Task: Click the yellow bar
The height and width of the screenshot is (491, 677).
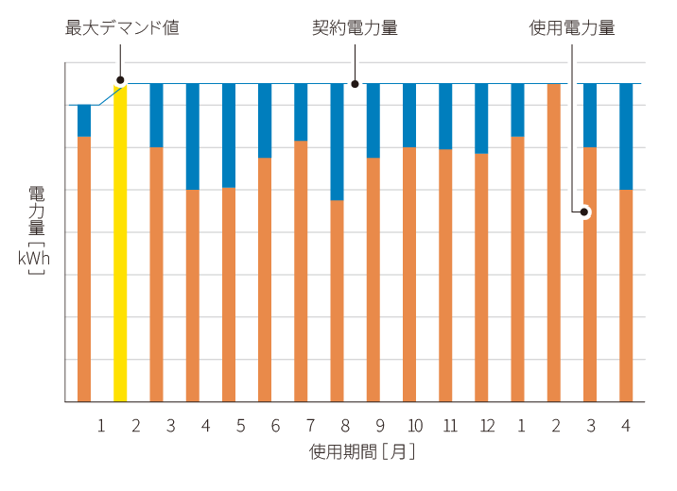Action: (x=120, y=244)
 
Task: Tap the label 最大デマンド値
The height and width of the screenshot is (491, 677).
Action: (x=122, y=28)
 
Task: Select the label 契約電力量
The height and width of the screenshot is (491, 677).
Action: (x=355, y=28)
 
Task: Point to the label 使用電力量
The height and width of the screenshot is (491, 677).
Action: (x=571, y=28)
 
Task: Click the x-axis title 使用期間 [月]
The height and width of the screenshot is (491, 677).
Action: (x=362, y=452)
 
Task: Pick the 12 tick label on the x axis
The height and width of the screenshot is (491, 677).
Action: (x=487, y=427)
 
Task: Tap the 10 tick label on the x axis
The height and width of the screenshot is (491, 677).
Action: (x=414, y=427)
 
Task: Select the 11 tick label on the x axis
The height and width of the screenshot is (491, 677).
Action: (x=450, y=427)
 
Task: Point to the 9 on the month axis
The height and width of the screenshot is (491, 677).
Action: (x=379, y=427)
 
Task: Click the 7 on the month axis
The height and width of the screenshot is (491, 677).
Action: (x=309, y=427)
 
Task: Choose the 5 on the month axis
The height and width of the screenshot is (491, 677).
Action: (x=240, y=427)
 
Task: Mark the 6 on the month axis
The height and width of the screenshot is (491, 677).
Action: (x=275, y=427)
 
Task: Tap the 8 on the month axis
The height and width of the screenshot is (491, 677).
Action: (x=345, y=427)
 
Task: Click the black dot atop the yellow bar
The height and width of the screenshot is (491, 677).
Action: (x=120, y=80)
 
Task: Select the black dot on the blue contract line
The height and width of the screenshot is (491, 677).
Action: (x=355, y=83)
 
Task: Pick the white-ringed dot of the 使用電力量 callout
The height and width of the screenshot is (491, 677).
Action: (x=584, y=212)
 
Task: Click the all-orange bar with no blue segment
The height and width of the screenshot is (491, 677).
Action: (x=554, y=244)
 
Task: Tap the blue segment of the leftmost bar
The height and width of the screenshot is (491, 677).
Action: (x=84, y=121)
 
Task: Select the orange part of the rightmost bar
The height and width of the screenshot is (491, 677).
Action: (x=626, y=296)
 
